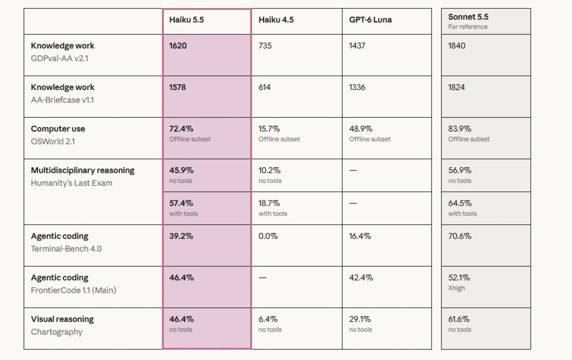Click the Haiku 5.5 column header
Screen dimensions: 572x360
pos(186,20)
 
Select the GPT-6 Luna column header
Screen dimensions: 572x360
pos(370,20)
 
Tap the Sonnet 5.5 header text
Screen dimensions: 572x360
pos(468,17)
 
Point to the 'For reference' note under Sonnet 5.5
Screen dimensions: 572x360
pos(468,27)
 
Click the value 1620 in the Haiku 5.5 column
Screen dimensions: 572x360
pos(178,46)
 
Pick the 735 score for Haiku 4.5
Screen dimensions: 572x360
pos(265,46)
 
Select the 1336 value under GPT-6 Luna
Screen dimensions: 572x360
pos(357,87)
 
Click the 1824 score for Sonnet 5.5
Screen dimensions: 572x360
pos(456,87)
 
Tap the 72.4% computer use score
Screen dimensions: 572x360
pos(181,129)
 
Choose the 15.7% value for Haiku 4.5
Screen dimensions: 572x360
pos(269,129)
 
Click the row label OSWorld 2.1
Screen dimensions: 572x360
pos(53,141)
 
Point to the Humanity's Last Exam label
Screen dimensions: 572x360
pos(71,183)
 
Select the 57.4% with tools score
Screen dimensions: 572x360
pos(181,203)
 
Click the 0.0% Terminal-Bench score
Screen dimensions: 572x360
pos(268,236)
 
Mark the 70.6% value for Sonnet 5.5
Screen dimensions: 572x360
pos(460,236)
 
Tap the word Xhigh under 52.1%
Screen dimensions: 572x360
pos(456,288)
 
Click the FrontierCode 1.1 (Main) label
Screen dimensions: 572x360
pos(73,290)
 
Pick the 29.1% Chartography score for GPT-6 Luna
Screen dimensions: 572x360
pos(360,319)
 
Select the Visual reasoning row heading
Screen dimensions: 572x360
pos(62,319)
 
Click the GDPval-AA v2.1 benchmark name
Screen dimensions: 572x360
pos(60,59)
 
